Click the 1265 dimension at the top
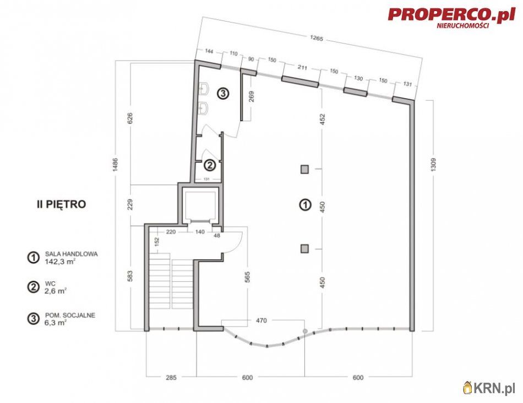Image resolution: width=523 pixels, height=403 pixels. click(315, 39)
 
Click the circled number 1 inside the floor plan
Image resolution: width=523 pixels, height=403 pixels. click(303, 205)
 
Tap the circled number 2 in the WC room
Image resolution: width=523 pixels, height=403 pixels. click(209, 164)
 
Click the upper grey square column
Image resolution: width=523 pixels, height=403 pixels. click(304, 169)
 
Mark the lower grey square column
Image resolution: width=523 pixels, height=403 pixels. click(304, 249)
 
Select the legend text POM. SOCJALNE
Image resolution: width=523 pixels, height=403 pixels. click(70, 315)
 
